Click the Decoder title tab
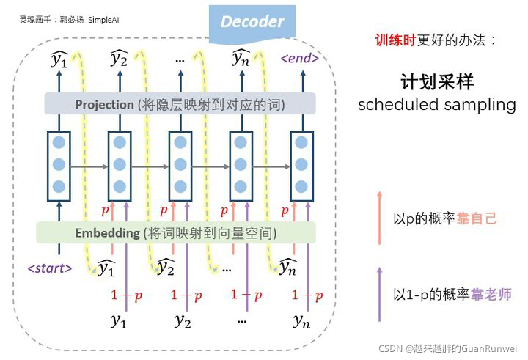(252, 21)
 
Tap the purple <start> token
(50, 268)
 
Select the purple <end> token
(300, 58)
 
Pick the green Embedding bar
(175, 233)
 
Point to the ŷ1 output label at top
(59, 59)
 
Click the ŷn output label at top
(241, 59)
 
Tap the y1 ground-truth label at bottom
(119, 320)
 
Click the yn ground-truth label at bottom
(301, 320)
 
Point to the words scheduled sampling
(436, 105)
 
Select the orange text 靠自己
(477, 218)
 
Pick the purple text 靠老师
(491, 295)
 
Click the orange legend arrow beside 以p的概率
(379, 216)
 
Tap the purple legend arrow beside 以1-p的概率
(379, 293)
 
